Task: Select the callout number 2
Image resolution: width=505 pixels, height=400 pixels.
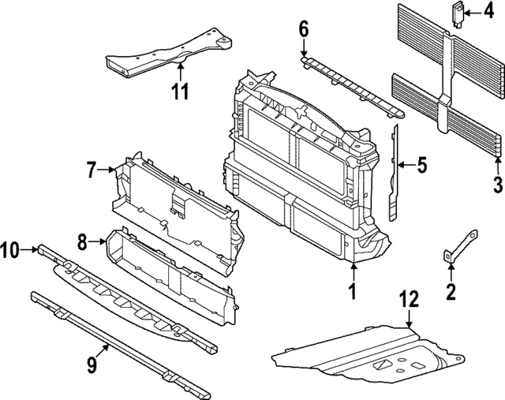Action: (451, 292)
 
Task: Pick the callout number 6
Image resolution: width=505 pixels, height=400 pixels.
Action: (304, 31)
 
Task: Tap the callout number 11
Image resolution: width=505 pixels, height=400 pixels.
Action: (181, 91)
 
